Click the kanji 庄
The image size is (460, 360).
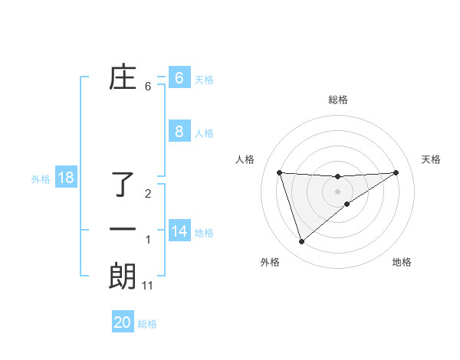click(123, 78)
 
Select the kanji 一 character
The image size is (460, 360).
click(123, 230)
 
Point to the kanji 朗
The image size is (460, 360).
click(123, 276)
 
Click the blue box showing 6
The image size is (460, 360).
click(179, 78)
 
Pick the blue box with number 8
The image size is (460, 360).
click(179, 132)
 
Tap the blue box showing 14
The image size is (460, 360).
click(179, 231)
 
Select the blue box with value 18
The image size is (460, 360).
click(66, 178)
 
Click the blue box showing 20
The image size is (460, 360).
click(123, 322)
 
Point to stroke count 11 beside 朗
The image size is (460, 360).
click(148, 286)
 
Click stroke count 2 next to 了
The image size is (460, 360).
click(148, 194)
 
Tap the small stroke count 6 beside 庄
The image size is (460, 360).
click(148, 87)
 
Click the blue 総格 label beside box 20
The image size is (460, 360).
click(147, 324)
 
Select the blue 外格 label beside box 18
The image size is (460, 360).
click(41, 180)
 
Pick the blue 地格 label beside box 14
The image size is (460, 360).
click(204, 233)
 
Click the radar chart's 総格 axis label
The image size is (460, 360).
click(337, 100)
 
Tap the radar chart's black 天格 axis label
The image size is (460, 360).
click(432, 159)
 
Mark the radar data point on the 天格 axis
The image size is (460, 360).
click(396, 172)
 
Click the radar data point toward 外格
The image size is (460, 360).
click(301, 242)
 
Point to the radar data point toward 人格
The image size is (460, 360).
click(279, 172)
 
